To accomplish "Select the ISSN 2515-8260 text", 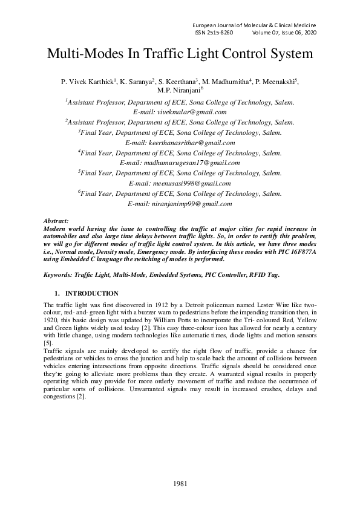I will tap(214, 32).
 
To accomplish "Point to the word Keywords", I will tap(58, 274).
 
